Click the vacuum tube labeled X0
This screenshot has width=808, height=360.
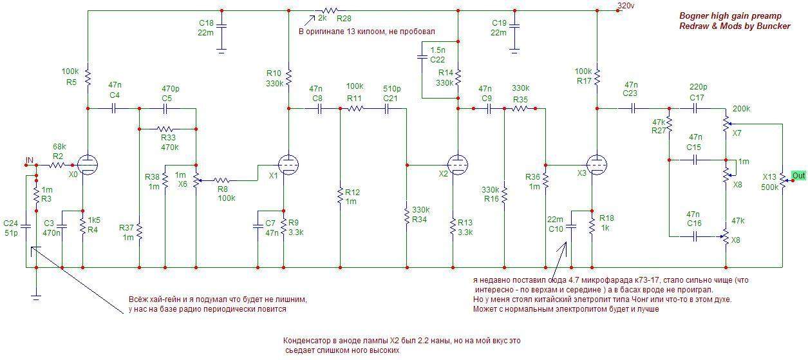coord(87,165)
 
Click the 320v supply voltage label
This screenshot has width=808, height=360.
coord(625,6)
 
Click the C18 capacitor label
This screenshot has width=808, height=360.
coord(208,23)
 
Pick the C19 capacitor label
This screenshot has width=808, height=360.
coord(499,23)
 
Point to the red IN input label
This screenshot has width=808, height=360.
coord(29,160)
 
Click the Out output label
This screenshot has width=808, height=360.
coord(798,176)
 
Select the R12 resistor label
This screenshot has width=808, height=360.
coord(352,192)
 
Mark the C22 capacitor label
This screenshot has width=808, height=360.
coord(437,59)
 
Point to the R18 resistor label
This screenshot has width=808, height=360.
coord(606,218)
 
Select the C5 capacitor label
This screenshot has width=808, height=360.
coord(167,99)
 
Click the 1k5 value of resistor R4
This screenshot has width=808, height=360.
coord(93,220)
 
